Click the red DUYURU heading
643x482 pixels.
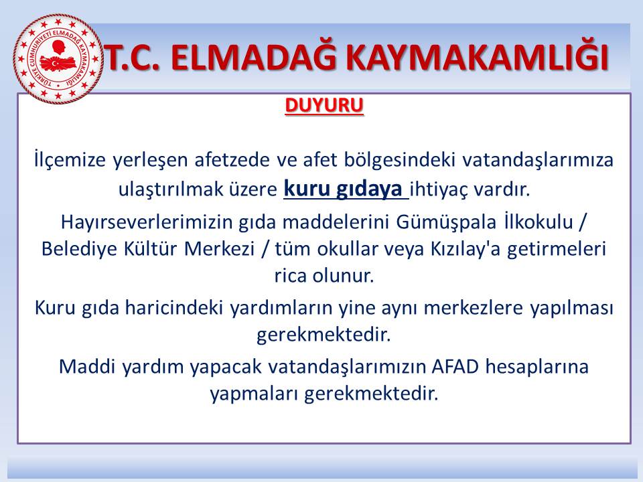[324, 106]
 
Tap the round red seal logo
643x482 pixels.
[58, 58]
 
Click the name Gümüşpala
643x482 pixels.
[446, 222]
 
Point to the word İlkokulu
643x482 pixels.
[539, 222]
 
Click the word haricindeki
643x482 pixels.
[173, 308]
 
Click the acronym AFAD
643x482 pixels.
[455, 366]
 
